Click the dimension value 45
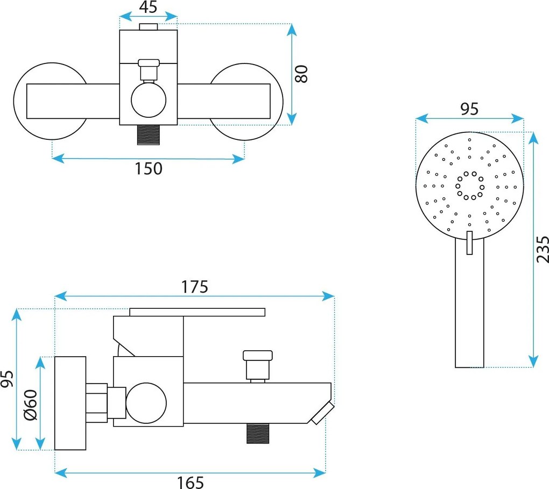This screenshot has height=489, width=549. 148,7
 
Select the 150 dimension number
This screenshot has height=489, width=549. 149,168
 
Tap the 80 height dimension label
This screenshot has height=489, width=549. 301,74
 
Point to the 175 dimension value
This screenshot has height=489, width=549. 194,287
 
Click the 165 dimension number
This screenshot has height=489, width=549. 190,483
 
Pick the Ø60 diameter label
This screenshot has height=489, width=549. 31,405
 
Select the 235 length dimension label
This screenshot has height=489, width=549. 543,249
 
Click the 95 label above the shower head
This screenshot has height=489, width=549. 469,109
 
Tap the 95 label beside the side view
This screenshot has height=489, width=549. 7,378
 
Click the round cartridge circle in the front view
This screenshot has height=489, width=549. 149,100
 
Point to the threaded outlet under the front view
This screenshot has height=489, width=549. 148,134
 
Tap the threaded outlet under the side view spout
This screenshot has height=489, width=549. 258,434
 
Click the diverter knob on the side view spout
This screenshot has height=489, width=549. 258,365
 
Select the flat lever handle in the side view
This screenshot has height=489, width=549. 197,312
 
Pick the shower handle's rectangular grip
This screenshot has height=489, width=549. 469,303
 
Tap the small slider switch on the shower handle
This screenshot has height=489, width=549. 469,243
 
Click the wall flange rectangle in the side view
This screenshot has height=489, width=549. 71,403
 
